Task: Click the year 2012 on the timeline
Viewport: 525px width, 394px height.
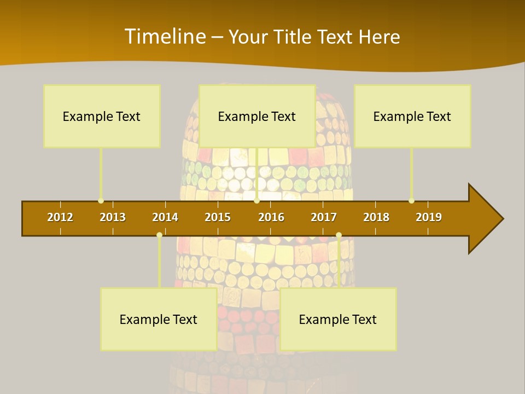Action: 60,217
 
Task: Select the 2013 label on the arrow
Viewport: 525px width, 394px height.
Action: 113,217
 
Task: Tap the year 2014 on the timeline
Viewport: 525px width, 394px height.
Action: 165,217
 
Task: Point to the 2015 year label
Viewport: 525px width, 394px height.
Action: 218,217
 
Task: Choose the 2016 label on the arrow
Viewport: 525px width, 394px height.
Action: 271,217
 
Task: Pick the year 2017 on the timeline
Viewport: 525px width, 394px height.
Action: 324,217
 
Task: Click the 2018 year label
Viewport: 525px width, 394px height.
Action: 376,217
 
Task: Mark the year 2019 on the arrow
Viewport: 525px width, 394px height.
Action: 429,217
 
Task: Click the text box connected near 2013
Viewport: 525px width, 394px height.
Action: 102,116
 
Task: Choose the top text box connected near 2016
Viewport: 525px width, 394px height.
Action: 257,116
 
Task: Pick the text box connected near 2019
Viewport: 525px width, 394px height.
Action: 412,116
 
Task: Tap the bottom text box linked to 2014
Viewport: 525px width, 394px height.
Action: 159,319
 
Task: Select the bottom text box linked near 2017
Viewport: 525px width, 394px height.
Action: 338,319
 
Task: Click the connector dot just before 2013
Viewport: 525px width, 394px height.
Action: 101,201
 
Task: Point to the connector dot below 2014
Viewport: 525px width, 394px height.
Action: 159,235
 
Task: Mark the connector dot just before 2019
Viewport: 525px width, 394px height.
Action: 411,201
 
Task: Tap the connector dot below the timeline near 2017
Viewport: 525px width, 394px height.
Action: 339,235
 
